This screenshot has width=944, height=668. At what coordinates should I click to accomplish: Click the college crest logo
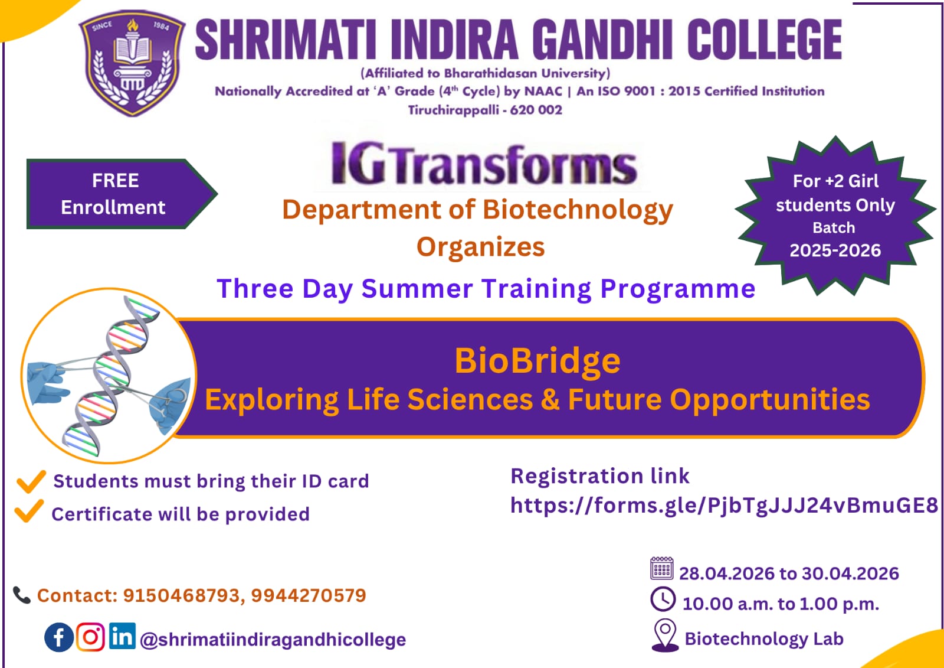(132, 63)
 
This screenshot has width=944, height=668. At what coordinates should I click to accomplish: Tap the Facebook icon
(58, 637)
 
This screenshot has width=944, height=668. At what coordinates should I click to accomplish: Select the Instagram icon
(91, 637)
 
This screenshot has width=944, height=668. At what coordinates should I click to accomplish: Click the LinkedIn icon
(122, 636)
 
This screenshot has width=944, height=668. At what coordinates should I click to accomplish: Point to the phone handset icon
(21, 595)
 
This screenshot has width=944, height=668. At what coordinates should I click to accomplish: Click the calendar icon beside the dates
(661, 568)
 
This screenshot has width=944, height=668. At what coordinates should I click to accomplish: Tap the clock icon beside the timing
(663, 599)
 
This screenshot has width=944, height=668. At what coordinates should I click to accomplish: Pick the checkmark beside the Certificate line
(29, 511)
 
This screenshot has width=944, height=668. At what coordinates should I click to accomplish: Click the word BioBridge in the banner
(537, 361)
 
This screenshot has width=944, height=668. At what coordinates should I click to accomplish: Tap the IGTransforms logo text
(483, 164)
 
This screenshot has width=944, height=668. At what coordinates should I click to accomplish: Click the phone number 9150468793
(182, 595)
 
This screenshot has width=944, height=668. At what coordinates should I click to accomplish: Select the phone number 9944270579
(309, 595)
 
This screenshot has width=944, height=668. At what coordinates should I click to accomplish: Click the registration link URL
(724, 505)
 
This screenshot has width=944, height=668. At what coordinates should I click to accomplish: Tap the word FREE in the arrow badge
(116, 181)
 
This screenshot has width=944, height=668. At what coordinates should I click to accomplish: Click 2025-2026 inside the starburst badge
(835, 250)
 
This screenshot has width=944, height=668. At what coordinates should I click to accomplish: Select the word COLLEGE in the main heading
(765, 39)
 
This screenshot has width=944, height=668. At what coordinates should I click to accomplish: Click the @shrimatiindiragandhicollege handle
(273, 639)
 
